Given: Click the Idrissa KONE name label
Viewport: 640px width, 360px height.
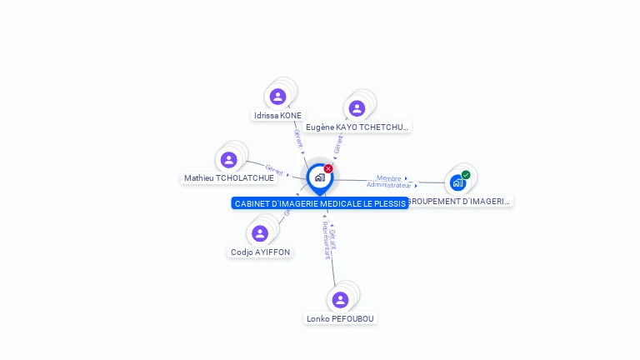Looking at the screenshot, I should pyautogui.click(x=277, y=115).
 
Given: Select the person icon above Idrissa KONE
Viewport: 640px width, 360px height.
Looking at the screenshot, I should pyautogui.click(x=277, y=97).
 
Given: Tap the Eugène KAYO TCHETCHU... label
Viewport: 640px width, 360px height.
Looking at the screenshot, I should pyautogui.click(x=357, y=127).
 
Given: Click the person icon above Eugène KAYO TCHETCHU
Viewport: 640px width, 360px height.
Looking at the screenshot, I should pyautogui.click(x=357, y=108).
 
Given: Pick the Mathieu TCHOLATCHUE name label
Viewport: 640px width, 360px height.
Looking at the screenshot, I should pyautogui.click(x=228, y=177).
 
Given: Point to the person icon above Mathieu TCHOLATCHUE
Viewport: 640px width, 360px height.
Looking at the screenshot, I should pyautogui.click(x=228, y=159).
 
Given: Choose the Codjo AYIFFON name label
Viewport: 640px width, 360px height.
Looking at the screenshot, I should pyautogui.click(x=261, y=252).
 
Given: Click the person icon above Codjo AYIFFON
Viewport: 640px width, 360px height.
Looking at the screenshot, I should pyautogui.click(x=260, y=233).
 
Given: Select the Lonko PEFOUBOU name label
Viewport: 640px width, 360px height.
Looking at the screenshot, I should pyautogui.click(x=340, y=318).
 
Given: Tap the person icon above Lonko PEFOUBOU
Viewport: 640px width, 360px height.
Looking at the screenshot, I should pyautogui.click(x=340, y=299).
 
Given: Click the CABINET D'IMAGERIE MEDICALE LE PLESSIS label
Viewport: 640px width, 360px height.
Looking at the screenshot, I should pyautogui.click(x=320, y=203).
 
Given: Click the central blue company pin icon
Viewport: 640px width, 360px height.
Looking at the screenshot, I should pyautogui.click(x=319, y=177).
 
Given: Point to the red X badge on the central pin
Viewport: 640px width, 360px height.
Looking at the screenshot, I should pyautogui.click(x=328, y=168).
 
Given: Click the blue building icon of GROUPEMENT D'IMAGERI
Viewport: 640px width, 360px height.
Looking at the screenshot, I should pyautogui.click(x=457, y=182).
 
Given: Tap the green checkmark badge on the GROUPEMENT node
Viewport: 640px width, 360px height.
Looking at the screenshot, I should pyautogui.click(x=466, y=175).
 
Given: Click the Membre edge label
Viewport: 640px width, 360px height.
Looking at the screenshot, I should pyautogui.click(x=388, y=177).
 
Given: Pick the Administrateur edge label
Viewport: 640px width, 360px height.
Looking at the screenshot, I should pyautogui.click(x=388, y=185).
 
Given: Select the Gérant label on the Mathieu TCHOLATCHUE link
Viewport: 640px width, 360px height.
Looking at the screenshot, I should pyautogui.click(x=274, y=168).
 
